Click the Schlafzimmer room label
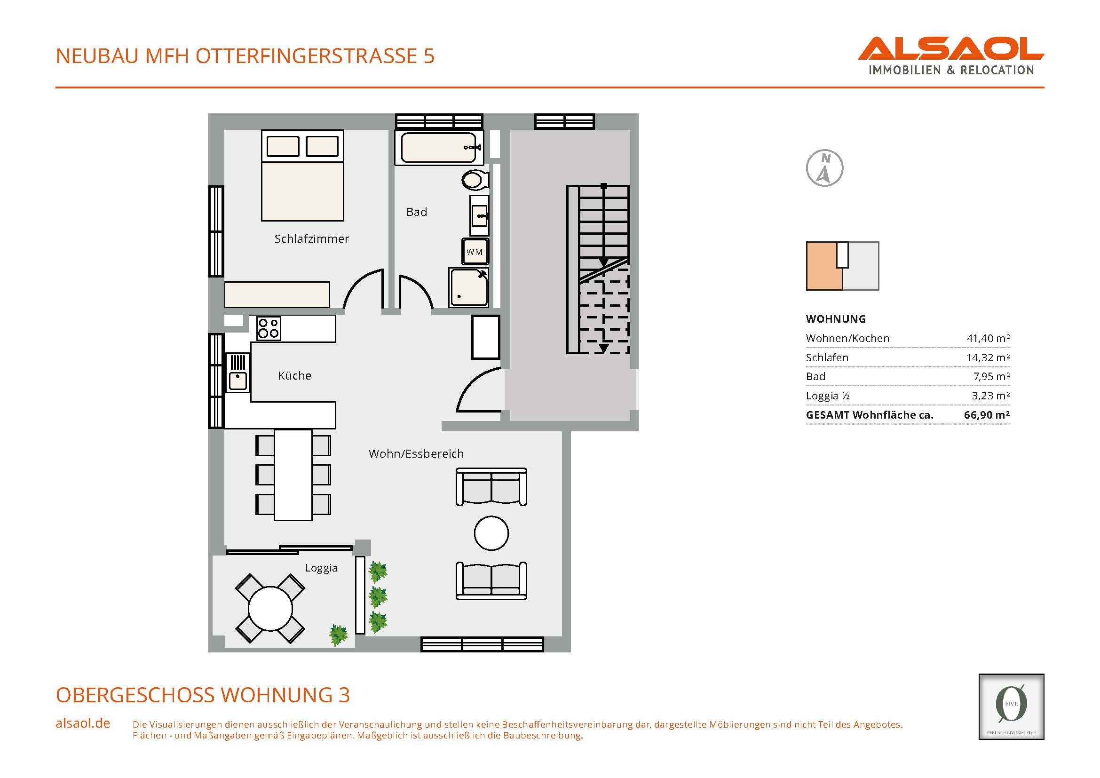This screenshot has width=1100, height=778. [311, 238]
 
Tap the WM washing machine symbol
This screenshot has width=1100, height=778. [475, 252]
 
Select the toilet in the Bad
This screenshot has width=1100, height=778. [475, 181]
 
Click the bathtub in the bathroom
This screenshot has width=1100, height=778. [439, 148]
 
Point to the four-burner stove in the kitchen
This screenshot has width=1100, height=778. [268, 329]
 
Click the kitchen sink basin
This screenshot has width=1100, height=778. [237, 381]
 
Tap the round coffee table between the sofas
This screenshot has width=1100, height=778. [491, 533]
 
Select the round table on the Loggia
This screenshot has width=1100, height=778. [270, 608]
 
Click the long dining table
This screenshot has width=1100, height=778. [293, 475]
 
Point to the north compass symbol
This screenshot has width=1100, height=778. [824, 168]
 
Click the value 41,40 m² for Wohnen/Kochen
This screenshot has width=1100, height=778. [989, 338]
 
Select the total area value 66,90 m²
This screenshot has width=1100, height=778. [987, 415]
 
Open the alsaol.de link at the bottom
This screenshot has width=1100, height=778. [83, 723]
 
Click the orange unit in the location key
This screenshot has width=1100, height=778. [824, 266]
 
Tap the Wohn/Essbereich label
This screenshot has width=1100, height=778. [416, 453]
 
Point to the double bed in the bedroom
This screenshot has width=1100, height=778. [302, 175]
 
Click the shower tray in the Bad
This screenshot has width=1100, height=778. [468, 287]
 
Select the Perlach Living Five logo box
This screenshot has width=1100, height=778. [1012, 707]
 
